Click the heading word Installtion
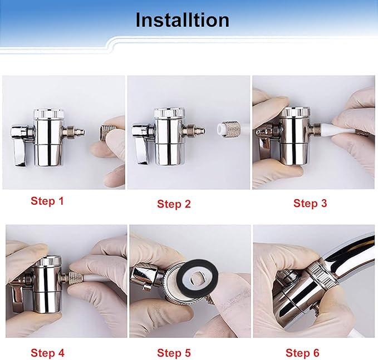182,20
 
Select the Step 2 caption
174,204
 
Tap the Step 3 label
310,203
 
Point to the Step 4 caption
47,352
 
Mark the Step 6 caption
302,352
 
